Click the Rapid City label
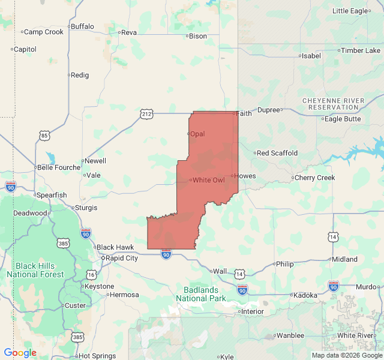tap(122, 258)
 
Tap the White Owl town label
tap(208, 180)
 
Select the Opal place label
tap(197, 134)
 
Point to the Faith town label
tap(244, 113)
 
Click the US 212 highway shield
tap(147, 113)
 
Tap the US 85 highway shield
tap(45, 136)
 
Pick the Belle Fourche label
tap(59, 167)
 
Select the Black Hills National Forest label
tap(35, 270)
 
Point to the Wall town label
tap(220, 271)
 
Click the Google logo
tap(20, 353)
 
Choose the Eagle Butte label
tap(343, 119)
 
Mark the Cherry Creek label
tap(314, 178)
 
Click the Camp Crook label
tap(43, 32)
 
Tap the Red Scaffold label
tap(277, 153)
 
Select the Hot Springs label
tap(97, 356)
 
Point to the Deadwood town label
tap(30, 213)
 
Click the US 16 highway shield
tap(91, 274)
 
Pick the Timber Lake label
tap(361, 50)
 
